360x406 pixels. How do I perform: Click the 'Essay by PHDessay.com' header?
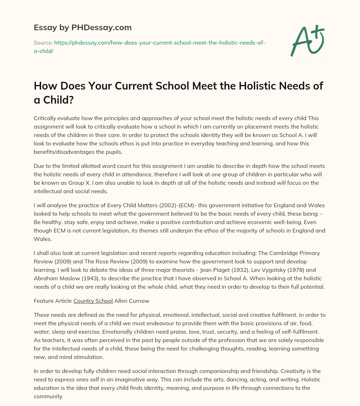(83, 27)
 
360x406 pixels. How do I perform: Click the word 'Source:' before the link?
(43, 43)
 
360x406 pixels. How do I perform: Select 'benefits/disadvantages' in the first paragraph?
(63, 152)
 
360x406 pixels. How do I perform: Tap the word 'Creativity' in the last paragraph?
(293, 371)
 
